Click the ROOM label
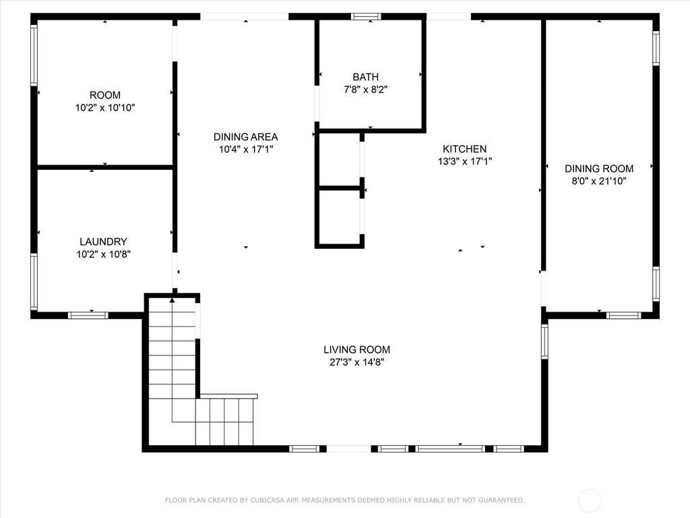pyautogui.click(x=104, y=95)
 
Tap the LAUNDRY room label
pyautogui.click(x=103, y=242)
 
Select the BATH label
pyautogui.click(x=366, y=77)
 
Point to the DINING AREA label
pyautogui.click(x=245, y=137)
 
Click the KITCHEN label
pyautogui.click(x=465, y=149)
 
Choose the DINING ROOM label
pyautogui.click(x=599, y=169)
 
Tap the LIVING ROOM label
pyautogui.click(x=357, y=350)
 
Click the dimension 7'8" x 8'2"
pyautogui.click(x=366, y=90)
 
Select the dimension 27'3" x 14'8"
pyautogui.click(x=357, y=362)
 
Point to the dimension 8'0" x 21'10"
pyautogui.click(x=599, y=181)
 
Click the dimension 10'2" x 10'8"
pyautogui.click(x=103, y=254)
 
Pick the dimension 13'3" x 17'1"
pyautogui.click(x=465, y=162)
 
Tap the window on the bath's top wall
pyautogui.click(x=366, y=17)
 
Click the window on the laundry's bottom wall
pyautogui.click(x=88, y=315)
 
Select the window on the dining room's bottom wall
pyautogui.click(x=623, y=315)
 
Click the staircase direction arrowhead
pyautogui.click(x=172, y=300)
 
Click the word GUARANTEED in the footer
pyautogui.click(x=501, y=500)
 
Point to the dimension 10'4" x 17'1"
pyautogui.click(x=246, y=149)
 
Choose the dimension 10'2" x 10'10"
pyautogui.click(x=104, y=107)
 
